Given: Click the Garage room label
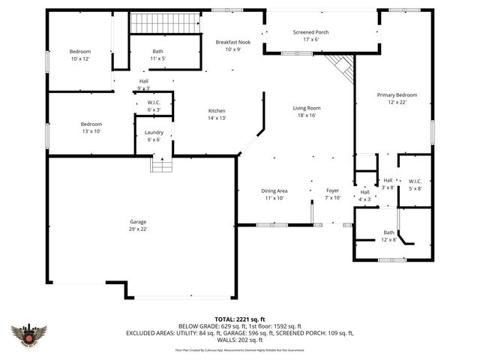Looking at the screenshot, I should [137, 226].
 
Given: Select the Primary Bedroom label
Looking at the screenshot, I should [397, 98].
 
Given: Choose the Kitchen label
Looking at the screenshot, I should [217, 114].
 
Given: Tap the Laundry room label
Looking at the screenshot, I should [154, 136].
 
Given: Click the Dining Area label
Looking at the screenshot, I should [274, 194].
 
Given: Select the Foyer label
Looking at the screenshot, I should [332, 194].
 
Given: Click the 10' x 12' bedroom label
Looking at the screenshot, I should [80, 55].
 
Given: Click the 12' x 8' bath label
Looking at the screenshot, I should [388, 235].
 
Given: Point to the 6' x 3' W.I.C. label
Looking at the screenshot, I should [154, 106].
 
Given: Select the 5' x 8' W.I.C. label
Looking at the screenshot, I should [415, 184].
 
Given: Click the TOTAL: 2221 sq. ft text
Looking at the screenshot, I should [240, 319].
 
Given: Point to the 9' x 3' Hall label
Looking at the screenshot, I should [143, 84].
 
